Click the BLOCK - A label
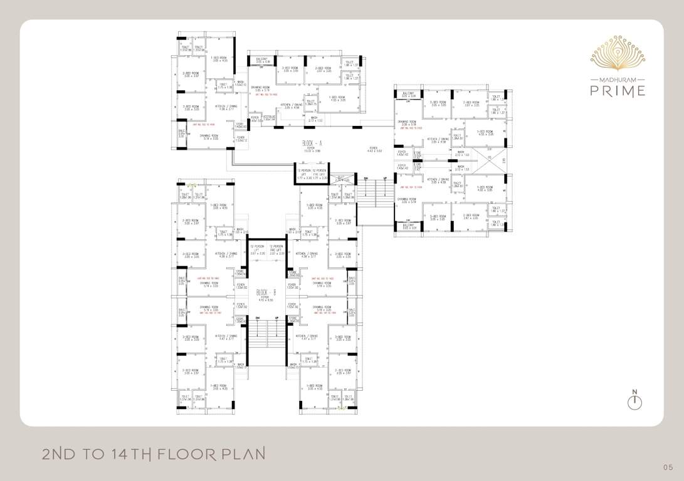[312, 143]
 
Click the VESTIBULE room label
[269, 118]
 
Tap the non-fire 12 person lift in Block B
[258, 250]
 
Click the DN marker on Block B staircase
[258, 318]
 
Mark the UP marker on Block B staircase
[276, 318]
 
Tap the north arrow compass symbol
[634, 400]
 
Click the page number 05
[668, 467]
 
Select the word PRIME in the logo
[618, 91]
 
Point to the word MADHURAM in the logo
[618, 80]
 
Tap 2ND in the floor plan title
[60, 453]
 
